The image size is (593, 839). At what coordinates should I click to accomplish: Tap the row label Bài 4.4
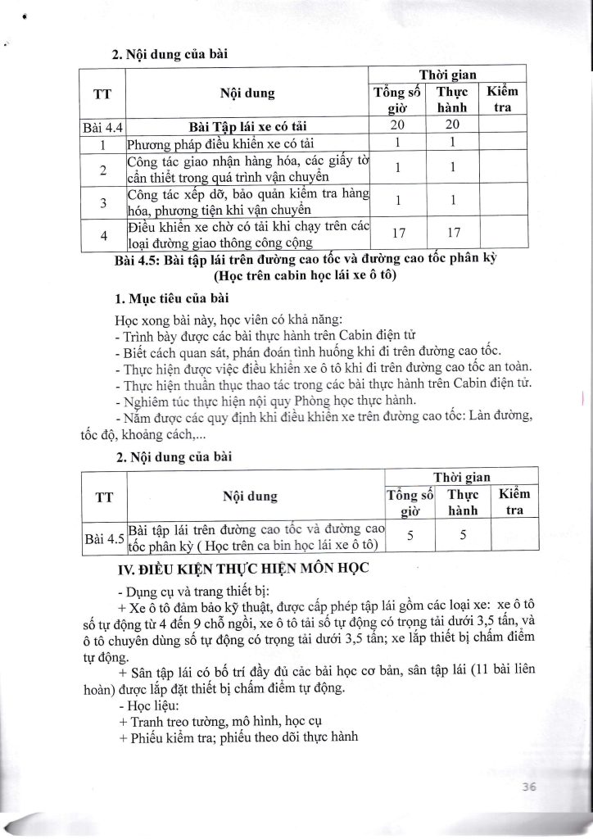click(x=102, y=127)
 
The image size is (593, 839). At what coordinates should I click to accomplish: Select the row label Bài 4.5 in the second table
click(x=103, y=538)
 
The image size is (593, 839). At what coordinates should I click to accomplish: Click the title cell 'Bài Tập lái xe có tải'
click(x=247, y=127)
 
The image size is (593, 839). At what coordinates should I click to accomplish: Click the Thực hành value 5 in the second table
click(x=462, y=534)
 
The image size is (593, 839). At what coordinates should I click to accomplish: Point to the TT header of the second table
click(x=102, y=496)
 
